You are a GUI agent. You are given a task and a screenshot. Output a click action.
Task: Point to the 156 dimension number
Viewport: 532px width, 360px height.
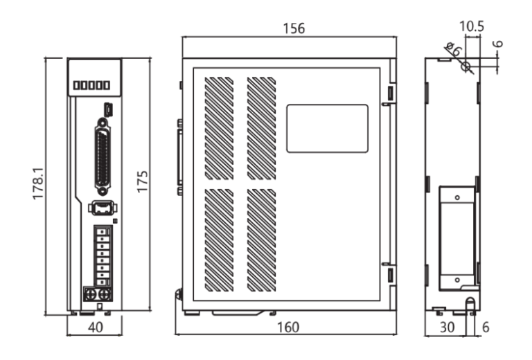[290, 28]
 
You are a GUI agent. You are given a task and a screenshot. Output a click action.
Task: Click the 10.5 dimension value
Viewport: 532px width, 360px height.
[472, 26]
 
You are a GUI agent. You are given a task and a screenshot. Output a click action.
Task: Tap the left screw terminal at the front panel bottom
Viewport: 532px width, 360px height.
[89, 294]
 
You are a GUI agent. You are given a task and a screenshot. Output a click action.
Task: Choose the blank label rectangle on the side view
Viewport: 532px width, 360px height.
[327, 128]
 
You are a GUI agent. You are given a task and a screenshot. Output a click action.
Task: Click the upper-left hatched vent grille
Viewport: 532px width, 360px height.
[219, 127]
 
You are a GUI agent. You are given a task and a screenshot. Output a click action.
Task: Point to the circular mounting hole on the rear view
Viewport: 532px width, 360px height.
[466, 67]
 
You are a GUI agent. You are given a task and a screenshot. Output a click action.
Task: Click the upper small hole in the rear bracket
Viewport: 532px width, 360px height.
[457, 198]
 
